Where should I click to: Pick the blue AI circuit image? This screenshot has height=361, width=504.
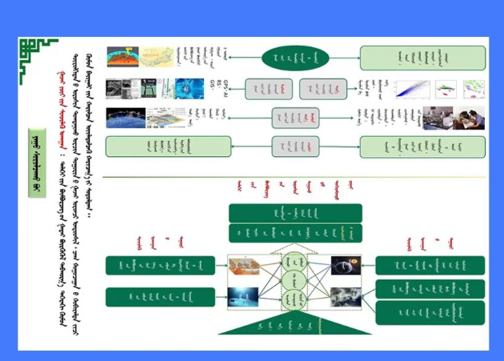(190, 89)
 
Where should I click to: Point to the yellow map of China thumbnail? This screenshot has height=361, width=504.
(158, 57)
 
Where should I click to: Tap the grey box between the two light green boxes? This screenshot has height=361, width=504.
(295, 146)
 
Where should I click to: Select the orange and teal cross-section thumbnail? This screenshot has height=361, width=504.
(123, 57)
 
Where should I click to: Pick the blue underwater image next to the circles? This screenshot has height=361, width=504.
(242, 298)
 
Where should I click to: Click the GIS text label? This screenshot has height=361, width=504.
(213, 82)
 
